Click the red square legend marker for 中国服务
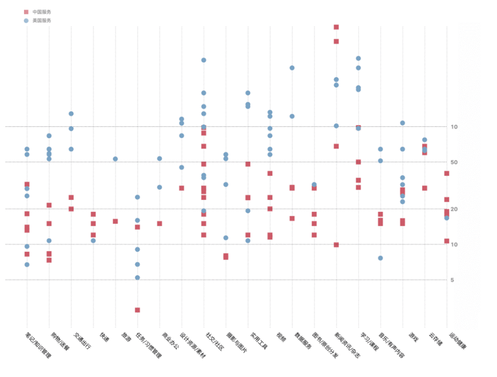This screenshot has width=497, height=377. coord(26,12)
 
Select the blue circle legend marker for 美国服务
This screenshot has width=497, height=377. coord(26,20)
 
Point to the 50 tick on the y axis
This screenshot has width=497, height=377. coord(454,162)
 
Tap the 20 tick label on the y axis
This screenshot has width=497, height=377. coord(454,209)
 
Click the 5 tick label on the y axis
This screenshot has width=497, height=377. coord(454,279)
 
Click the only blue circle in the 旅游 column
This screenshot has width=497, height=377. coord(115,159)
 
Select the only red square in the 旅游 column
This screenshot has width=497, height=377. coord(115,221)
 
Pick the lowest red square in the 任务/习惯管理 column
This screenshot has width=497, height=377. coord(137,310)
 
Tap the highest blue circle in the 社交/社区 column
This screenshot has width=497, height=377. coord(204,60)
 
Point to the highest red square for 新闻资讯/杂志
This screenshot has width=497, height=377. coord(336,27)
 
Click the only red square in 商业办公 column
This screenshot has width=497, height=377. coord(159,223)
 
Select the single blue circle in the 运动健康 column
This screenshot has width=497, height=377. coord(447,218)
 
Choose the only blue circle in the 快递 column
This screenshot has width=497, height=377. coord(93,241)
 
